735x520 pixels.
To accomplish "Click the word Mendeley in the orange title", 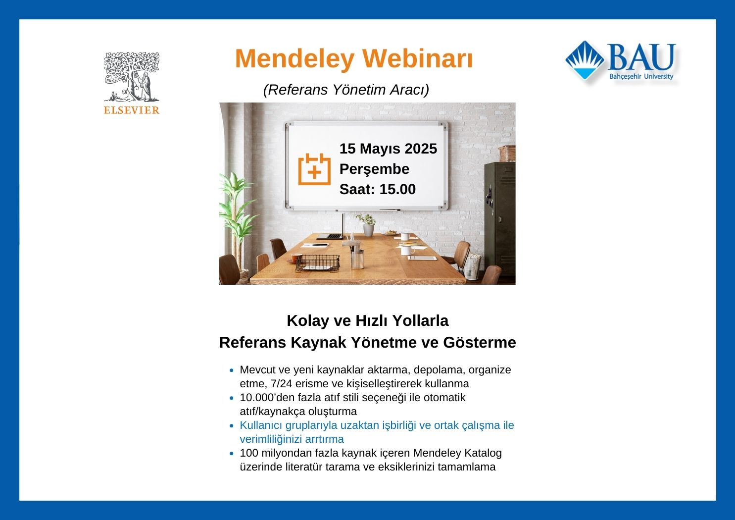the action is [294, 58].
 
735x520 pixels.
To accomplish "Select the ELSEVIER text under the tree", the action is [132, 110].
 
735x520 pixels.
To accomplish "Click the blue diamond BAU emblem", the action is [585, 60].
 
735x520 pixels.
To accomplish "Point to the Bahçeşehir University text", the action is [641, 76].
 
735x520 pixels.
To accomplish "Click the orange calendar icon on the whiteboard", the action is [314, 169].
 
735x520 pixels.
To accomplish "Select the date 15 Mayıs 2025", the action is [388, 149].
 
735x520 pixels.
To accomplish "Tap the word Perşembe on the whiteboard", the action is [374, 169].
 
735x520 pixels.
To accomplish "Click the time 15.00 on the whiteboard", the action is [397, 189].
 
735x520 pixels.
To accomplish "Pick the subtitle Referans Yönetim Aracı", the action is [346, 90].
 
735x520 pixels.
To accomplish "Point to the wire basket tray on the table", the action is [317, 263].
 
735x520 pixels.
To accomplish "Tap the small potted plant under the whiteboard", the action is [367, 224].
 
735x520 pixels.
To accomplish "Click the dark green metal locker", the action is [500, 219].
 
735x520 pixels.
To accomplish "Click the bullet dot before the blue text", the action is [232, 426].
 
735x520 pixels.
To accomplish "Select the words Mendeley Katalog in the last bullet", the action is [457, 453].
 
